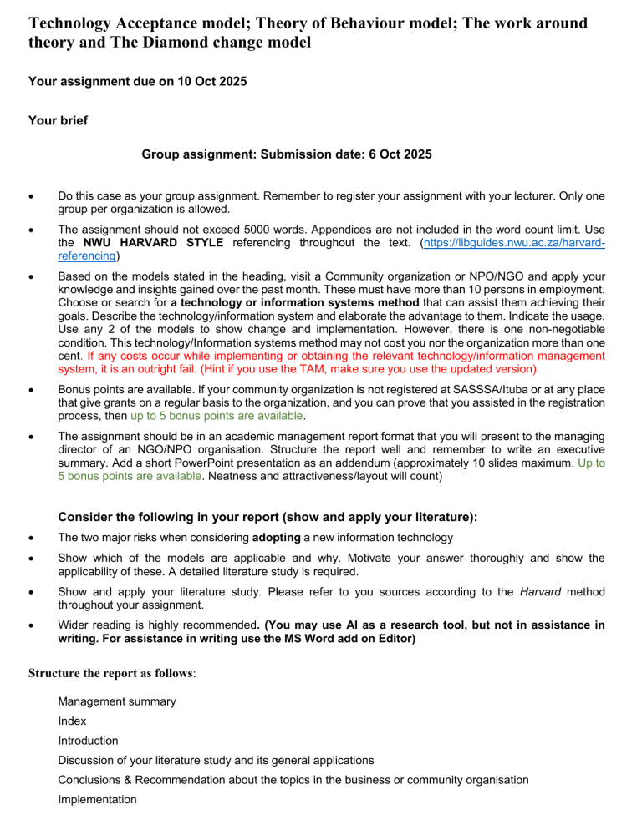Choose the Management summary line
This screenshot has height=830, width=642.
116,701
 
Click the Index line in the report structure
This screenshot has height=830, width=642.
72,721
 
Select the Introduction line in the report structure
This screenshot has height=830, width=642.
88,741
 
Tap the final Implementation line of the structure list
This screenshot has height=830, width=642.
98,799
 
